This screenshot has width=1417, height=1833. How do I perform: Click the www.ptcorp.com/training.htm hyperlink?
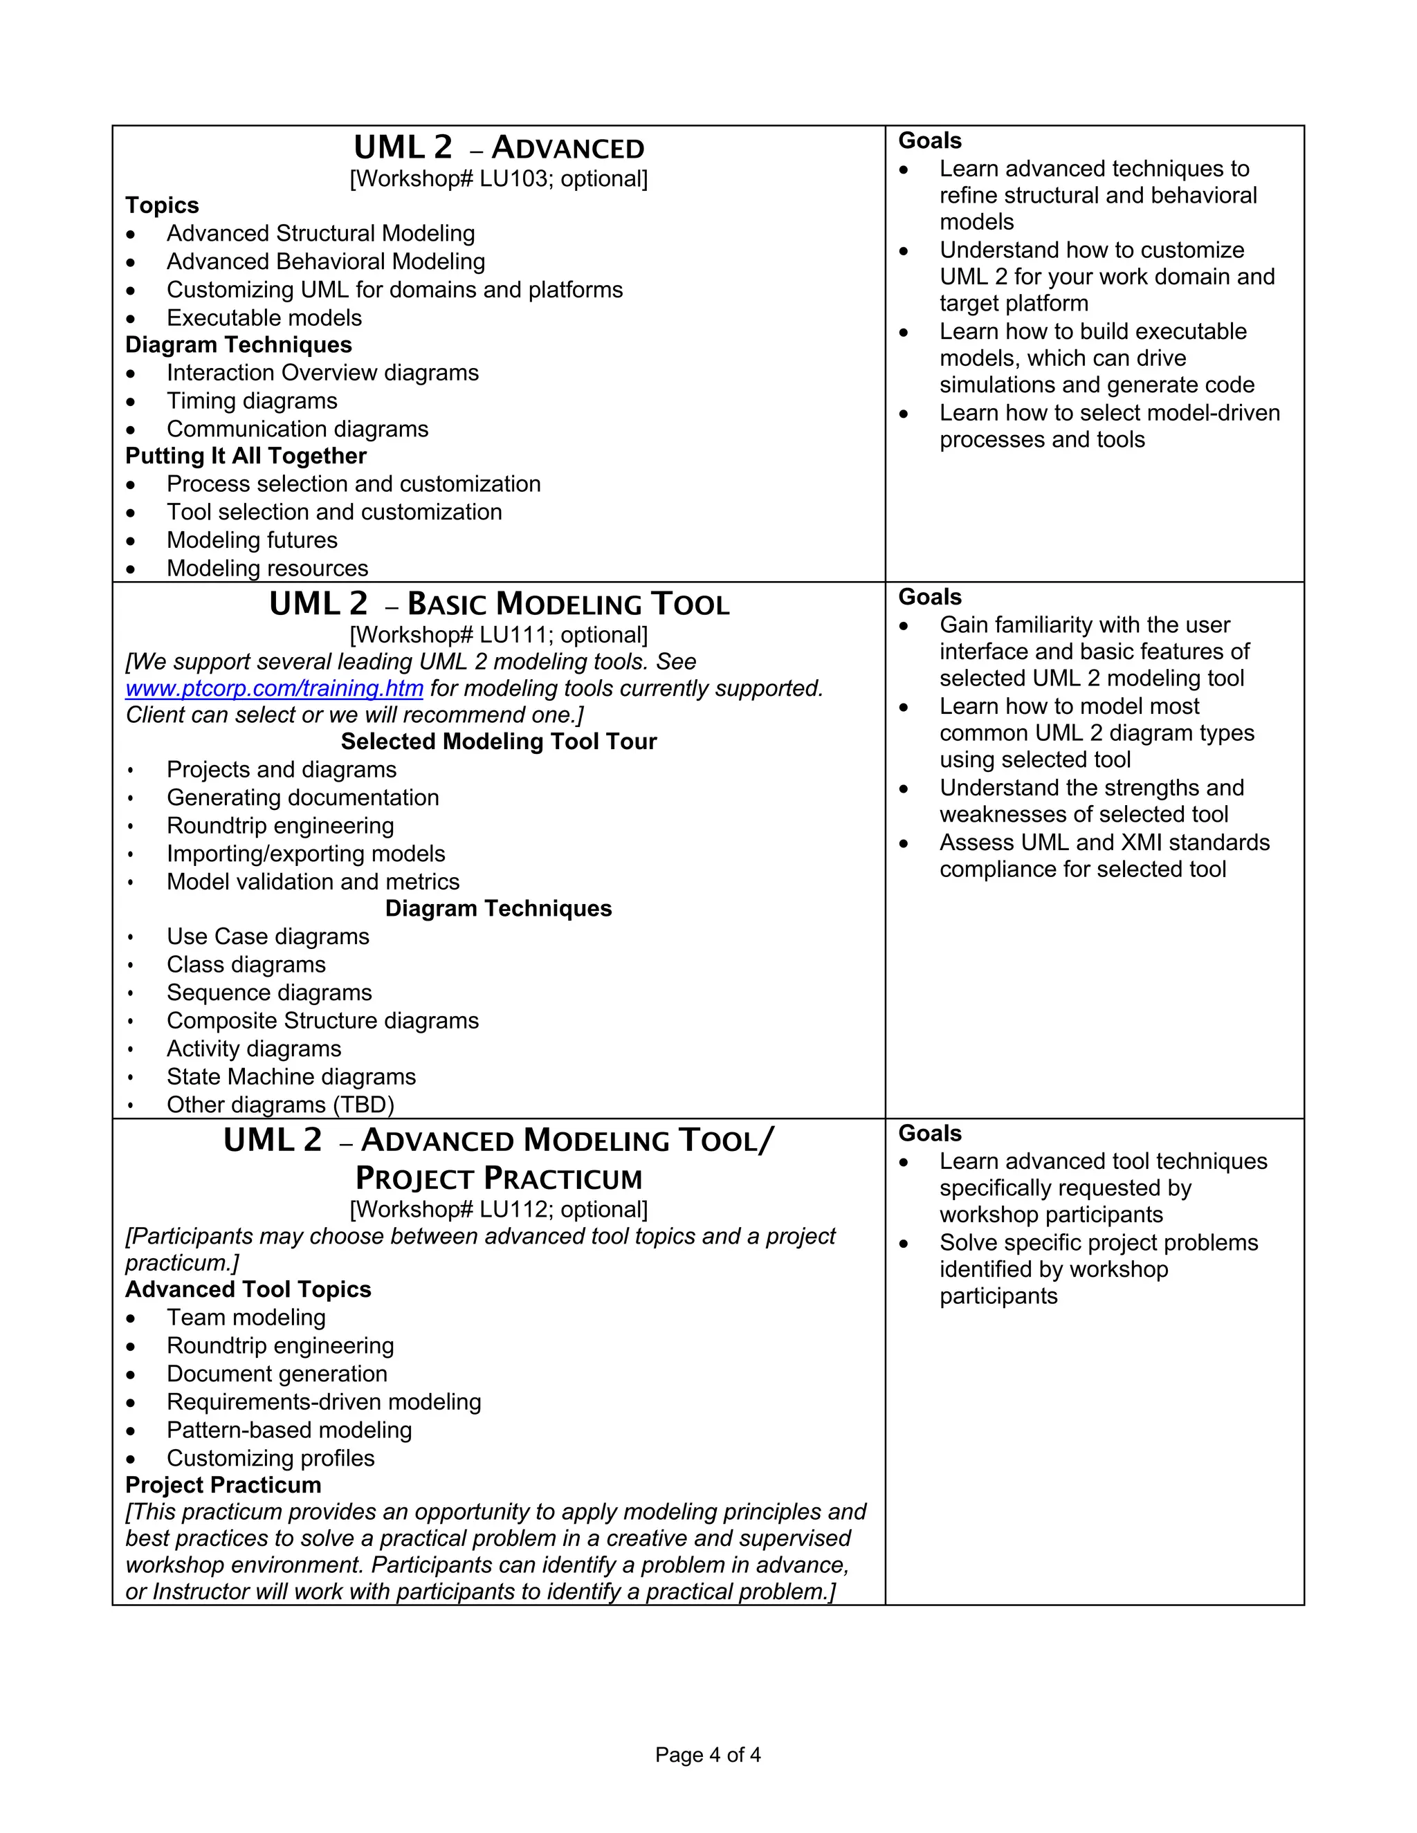[274, 688]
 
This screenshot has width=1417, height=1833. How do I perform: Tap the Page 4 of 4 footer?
[708, 1755]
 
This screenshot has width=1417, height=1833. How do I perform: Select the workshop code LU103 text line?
[499, 178]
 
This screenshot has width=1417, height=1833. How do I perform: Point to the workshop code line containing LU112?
[499, 1208]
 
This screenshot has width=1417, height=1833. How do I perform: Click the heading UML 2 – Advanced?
[499, 148]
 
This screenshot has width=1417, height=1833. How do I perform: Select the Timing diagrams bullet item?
[252, 400]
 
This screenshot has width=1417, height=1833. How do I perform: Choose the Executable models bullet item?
[264, 317]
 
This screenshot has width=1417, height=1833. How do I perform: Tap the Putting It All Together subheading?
[246, 456]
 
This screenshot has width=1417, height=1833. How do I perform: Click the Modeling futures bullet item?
[252, 540]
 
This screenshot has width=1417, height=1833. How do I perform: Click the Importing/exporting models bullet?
[306, 854]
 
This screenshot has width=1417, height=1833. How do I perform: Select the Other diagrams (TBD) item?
[280, 1105]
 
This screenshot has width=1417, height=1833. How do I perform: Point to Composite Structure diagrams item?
[322, 1020]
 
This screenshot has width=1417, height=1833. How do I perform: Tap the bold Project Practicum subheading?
[223, 1484]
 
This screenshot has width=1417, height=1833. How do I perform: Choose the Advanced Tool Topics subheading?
[248, 1289]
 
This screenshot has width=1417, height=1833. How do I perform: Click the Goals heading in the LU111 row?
[930, 597]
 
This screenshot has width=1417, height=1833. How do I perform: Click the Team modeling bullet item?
[246, 1317]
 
